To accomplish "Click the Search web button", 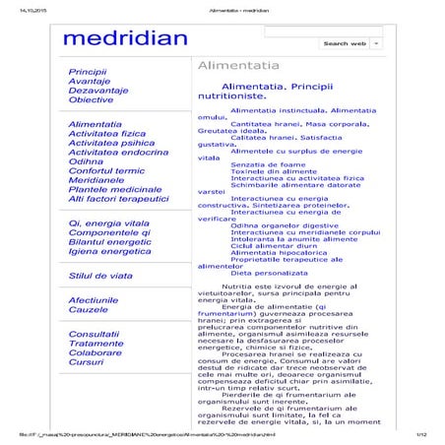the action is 345,44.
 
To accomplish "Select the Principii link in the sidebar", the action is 88,73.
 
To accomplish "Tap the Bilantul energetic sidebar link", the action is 108,242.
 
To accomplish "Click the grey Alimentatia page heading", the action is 234,64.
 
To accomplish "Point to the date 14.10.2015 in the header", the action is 21,8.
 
